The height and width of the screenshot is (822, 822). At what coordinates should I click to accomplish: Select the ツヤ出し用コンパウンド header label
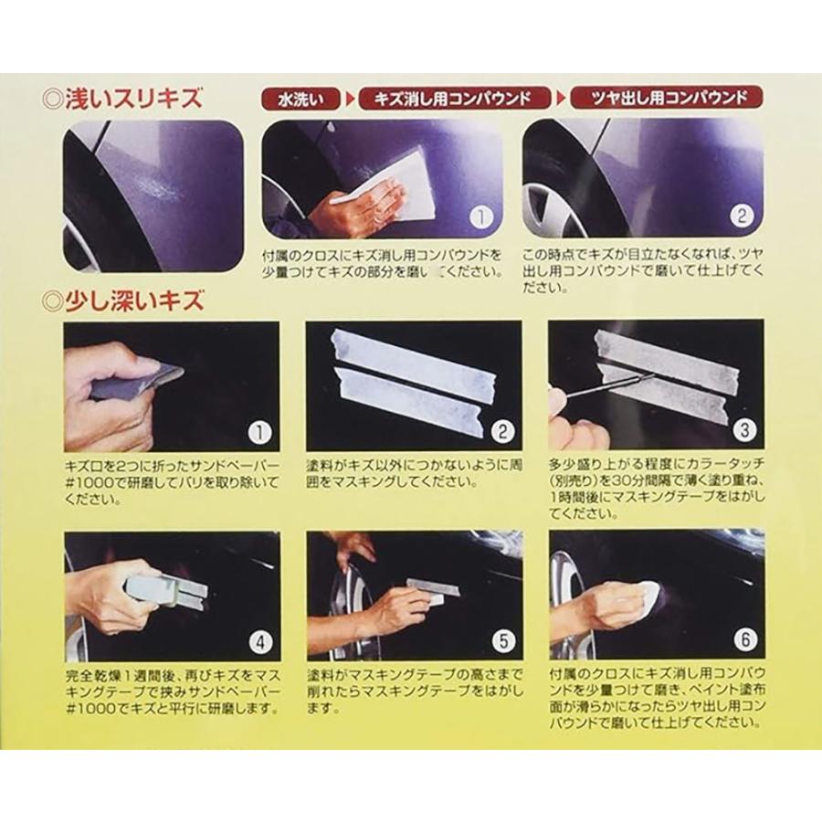[x=666, y=98]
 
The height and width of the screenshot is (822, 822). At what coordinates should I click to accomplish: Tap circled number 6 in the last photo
[x=744, y=640]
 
